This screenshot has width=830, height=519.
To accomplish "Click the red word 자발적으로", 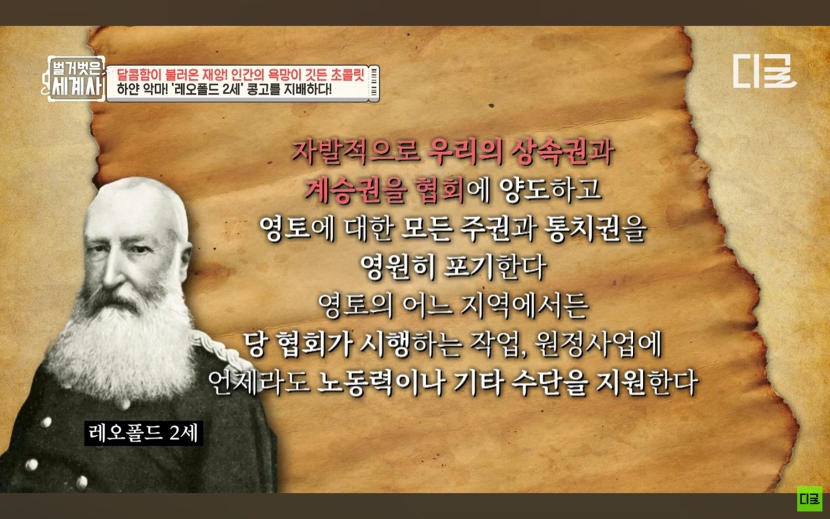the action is click(356, 153).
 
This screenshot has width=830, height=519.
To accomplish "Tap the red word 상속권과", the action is click(562, 153).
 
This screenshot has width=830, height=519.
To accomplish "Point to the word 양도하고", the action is click(550, 190).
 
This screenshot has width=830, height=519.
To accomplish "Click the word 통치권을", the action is click(596, 230).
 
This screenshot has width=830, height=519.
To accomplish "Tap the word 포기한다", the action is click(495, 268).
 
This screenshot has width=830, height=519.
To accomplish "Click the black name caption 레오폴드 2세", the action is click(144, 433).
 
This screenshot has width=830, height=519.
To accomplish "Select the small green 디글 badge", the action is click(810, 499).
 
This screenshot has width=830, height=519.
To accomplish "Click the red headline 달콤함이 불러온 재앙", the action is click(169, 76).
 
